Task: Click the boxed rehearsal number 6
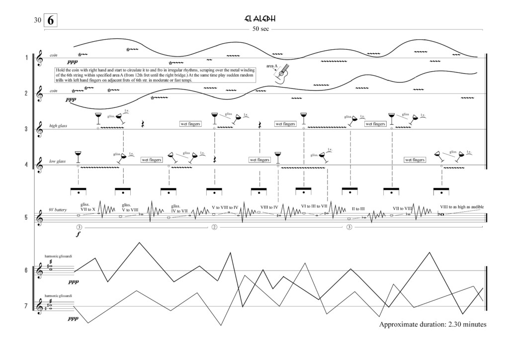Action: pyautogui.click(x=51, y=21)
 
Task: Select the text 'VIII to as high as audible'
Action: pyautogui.click(x=461, y=207)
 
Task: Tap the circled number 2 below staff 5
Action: pyautogui.click(x=214, y=227)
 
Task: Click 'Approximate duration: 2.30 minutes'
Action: pyautogui.click(x=432, y=325)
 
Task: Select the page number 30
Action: pyautogui.click(x=37, y=21)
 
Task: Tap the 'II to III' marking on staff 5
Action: pyautogui.click(x=358, y=209)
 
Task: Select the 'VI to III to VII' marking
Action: pyautogui.click(x=314, y=206)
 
